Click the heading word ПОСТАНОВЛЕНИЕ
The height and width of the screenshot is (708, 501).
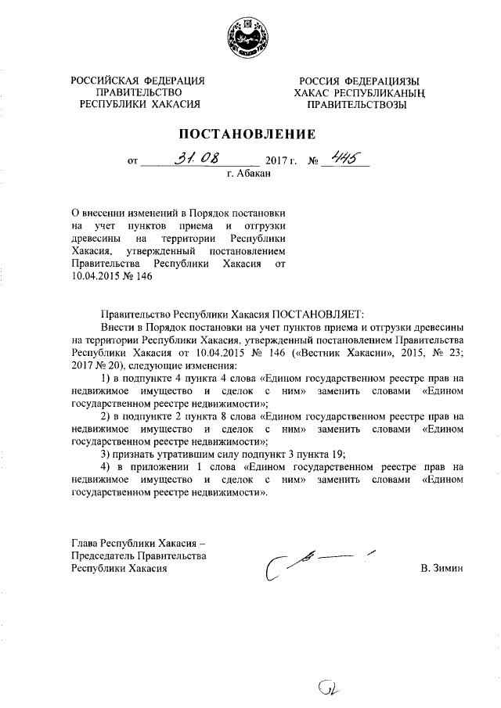(249, 134)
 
